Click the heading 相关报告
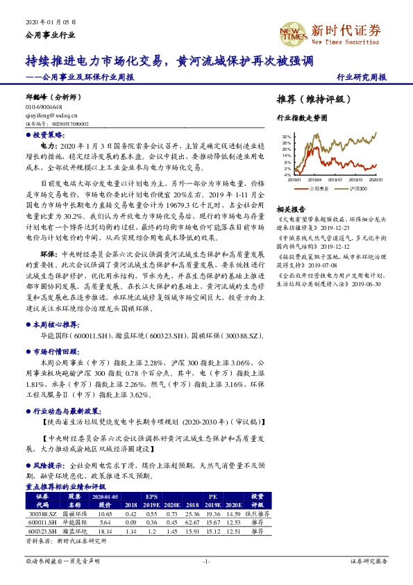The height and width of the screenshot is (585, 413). (290, 209)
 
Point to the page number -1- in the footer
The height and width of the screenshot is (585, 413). (205, 560)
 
